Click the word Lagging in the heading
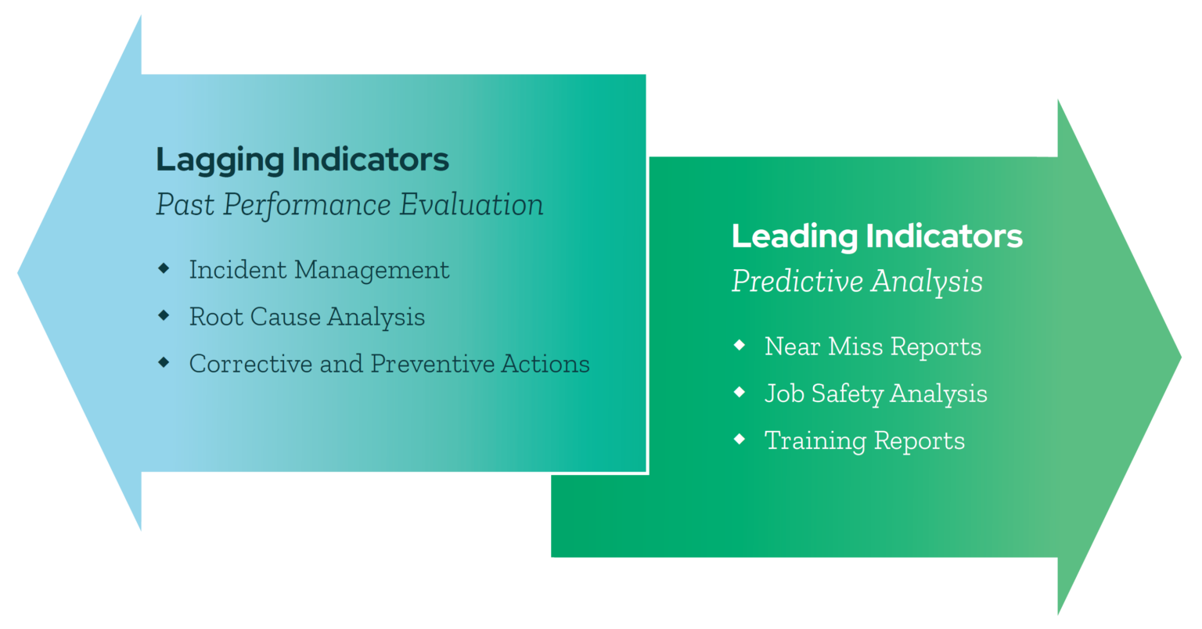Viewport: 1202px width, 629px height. point(220,160)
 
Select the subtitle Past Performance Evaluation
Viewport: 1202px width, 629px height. point(349,205)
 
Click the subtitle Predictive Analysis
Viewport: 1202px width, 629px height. point(857,282)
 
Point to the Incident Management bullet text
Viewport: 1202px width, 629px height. point(319,270)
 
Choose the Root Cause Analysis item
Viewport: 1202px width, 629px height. point(307,317)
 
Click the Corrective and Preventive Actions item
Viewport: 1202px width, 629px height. point(389,364)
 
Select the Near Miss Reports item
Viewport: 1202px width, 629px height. point(873,347)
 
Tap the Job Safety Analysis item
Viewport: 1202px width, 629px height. point(876,394)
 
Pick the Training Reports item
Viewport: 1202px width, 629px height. point(864,440)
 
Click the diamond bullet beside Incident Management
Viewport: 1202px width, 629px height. point(164,268)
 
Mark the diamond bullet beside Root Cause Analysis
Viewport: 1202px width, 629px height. point(164,315)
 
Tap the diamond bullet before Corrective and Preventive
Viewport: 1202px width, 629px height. point(164,362)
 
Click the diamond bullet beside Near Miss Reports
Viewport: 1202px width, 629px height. point(740,345)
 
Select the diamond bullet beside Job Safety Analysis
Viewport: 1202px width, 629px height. point(740,392)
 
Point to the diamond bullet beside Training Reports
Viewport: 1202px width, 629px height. point(740,439)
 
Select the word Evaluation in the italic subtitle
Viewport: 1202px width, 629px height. point(471,205)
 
